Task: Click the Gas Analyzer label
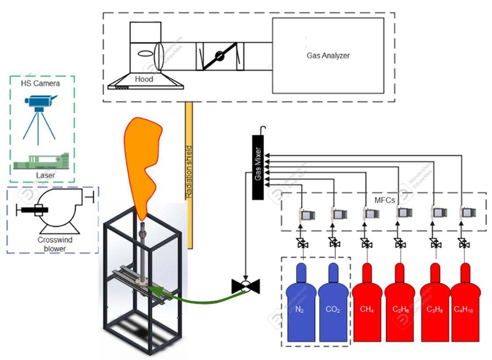pos(328,56)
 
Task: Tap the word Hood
pos(144,79)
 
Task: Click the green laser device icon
pos(42,161)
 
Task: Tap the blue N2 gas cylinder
pos(300,305)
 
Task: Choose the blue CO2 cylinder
pos(333,305)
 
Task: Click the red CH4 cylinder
pos(367,305)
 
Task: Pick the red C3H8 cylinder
pos(434,305)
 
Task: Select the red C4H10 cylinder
pos(464,305)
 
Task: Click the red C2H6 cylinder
pos(400,305)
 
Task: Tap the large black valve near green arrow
pos(246,286)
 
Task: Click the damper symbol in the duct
pos(220,56)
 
